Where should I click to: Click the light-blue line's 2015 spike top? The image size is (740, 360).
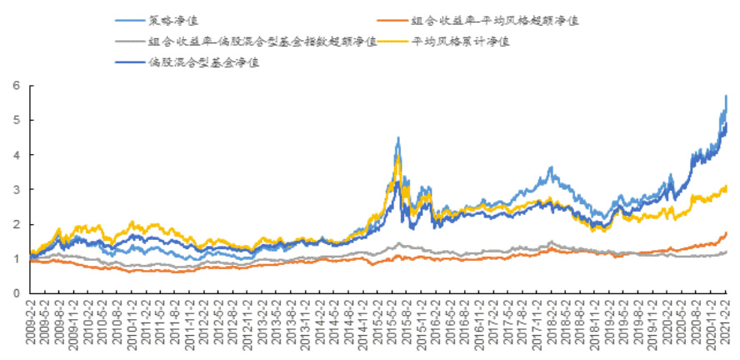click(398, 137)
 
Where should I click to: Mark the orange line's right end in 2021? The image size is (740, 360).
click(727, 232)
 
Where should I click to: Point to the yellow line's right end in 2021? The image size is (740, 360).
click(727, 187)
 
